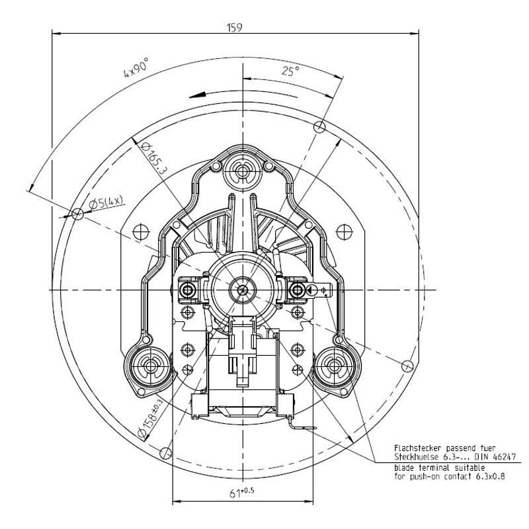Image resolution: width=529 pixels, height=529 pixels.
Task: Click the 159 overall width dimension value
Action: coord(235,27)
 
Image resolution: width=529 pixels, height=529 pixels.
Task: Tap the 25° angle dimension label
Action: coord(290,71)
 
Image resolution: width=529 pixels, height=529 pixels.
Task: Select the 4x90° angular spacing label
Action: coord(136,68)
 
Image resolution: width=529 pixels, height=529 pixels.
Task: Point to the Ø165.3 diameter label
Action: coord(153,157)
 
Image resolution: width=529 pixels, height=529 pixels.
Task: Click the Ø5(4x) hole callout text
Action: coord(106,202)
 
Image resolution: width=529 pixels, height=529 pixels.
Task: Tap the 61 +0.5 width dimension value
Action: coord(241,493)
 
